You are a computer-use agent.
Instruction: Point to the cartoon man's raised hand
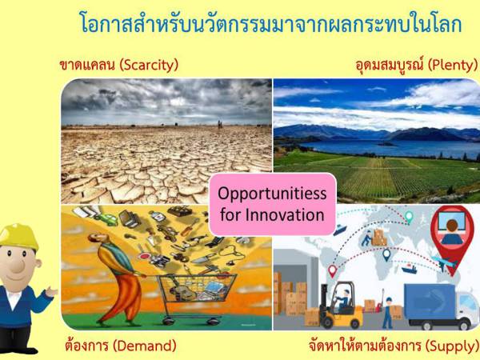pyautogui.click(x=52, y=293)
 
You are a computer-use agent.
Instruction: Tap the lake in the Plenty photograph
pyautogui.click(x=376, y=148)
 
